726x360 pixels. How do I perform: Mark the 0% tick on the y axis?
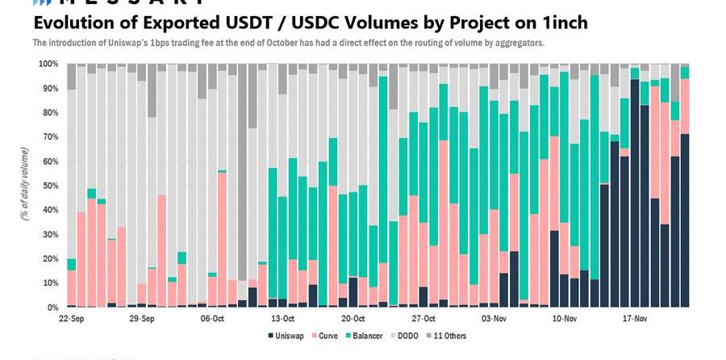51,308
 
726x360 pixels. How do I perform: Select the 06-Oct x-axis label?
212,319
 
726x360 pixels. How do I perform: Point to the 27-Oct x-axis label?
423,319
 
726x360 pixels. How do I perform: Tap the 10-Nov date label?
563,319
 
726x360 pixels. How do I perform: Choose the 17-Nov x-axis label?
635,319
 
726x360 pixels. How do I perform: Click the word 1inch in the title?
560,23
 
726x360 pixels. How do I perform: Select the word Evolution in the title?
73,23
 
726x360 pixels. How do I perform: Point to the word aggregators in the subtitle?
517,42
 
